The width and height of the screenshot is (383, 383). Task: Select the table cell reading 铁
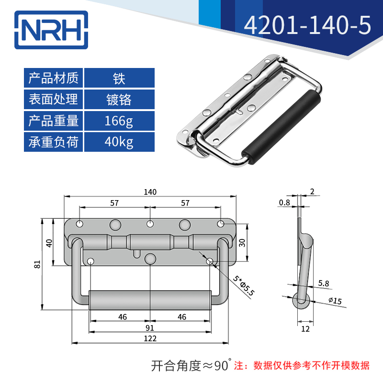pyautogui.click(x=119, y=78)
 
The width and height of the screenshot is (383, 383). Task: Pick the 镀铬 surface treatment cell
pyautogui.click(x=119, y=99)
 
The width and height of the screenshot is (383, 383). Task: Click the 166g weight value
pyautogui.click(x=119, y=121)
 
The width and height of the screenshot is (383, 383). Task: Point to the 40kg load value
pyautogui.click(x=119, y=142)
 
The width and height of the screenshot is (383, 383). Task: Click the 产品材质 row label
pyautogui.click(x=53, y=78)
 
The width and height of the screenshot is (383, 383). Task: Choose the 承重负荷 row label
pyautogui.click(x=53, y=142)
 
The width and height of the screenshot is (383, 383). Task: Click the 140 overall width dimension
pyautogui.click(x=150, y=192)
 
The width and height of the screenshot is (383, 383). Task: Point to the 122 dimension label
pyautogui.click(x=150, y=338)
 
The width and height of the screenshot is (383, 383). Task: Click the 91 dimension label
pyautogui.click(x=150, y=327)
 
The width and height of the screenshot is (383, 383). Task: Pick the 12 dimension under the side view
pyautogui.click(x=305, y=329)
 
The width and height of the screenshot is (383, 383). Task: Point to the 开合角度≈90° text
pyautogui.click(x=191, y=366)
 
